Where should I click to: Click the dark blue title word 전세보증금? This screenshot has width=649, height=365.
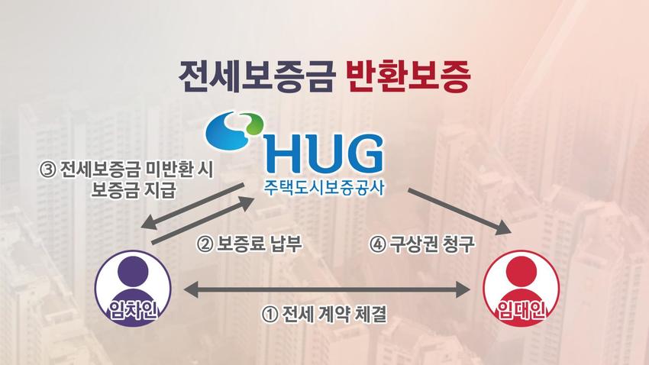[x=257, y=76]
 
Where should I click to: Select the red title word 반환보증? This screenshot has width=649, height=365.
[x=408, y=76]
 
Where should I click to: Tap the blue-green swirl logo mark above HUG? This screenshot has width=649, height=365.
[x=234, y=129]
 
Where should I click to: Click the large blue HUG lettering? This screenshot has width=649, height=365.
[x=323, y=153]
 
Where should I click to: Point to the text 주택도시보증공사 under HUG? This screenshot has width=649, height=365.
[x=324, y=187]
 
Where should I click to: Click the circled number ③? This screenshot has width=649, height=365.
[x=47, y=170]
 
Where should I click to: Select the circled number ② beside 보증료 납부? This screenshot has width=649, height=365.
[x=205, y=244]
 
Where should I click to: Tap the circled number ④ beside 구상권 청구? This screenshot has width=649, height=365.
[x=377, y=244]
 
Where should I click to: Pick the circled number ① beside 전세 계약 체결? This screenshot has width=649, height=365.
[x=270, y=315]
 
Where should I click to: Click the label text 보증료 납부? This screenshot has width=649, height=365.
[x=259, y=244]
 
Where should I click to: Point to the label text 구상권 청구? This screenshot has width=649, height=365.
[x=432, y=244]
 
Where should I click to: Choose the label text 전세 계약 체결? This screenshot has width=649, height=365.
[x=334, y=314]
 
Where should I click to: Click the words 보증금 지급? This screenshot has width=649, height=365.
[x=134, y=190]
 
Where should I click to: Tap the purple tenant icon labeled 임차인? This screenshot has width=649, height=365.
[x=133, y=288]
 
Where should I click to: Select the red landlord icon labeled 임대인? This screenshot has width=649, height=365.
[x=521, y=288]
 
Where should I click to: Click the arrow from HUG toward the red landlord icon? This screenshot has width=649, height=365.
[x=459, y=211]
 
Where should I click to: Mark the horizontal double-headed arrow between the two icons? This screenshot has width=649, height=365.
[x=327, y=289]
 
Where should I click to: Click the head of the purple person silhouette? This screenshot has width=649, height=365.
[x=133, y=272]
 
